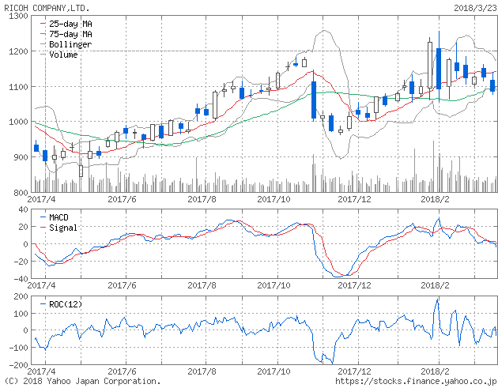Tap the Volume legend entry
[x=62, y=55]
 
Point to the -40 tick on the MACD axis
[x=16, y=278]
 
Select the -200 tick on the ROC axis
[x=13, y=365]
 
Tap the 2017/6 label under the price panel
[x=123, y=200]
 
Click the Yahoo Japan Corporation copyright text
[x=82, y=381]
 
